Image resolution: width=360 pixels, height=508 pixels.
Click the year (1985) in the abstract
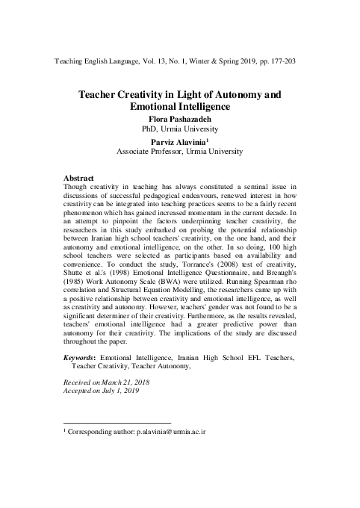(77, 292)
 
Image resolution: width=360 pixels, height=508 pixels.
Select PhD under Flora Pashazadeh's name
(140, 128)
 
